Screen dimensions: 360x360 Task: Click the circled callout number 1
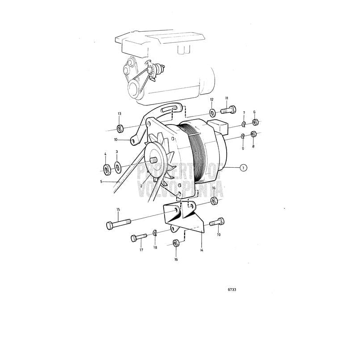click(x=243, y=168)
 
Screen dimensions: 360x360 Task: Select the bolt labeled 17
click(x=138, y=238)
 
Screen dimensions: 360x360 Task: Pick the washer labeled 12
click(x=212, y=112)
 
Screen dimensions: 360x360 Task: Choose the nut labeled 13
click(x=120, y=129)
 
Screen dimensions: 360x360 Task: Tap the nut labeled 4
click(x=107, y=170)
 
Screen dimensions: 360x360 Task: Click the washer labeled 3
click(x=118, y=168)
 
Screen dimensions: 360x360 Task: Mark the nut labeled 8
click(x=253, y=134)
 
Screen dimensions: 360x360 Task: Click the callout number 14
click(x=202, y=250)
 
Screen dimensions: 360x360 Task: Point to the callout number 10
click(x=115, y=139)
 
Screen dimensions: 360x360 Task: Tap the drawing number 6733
click(x=232, y=290)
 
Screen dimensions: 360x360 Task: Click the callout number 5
click(x=102, y=182)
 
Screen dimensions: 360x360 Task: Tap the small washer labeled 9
click(x=243, y=136)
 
